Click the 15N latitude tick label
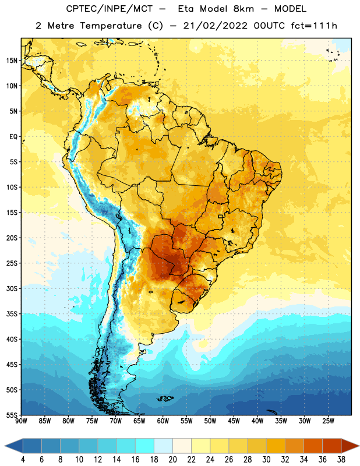12,61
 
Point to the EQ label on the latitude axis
13,137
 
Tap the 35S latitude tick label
12,314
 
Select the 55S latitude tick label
12,415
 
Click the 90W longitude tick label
21,421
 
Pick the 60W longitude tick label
163,421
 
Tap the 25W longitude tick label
328,421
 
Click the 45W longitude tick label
234,421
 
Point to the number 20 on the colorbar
172,460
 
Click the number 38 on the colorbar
341,460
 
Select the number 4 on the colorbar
23,460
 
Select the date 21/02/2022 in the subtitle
215,26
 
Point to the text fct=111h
314,26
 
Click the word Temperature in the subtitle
111,26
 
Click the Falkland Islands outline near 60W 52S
165,398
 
